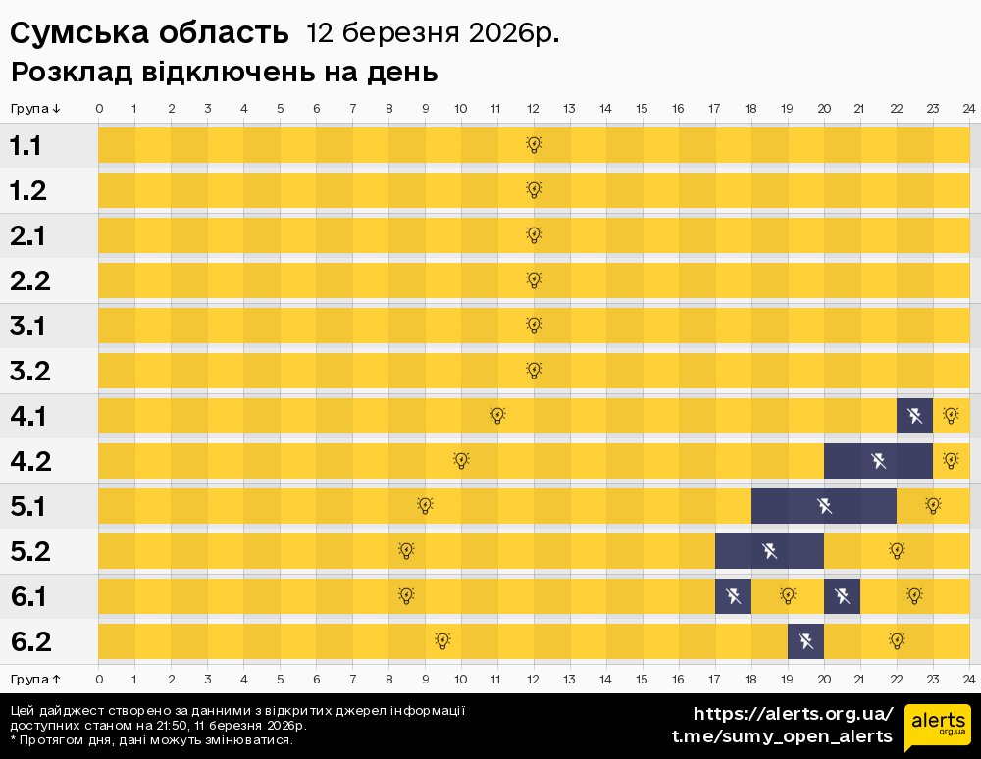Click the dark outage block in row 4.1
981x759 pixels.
pyautogui.click(x=914, y=416)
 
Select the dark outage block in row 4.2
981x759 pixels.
pyautogui.click(x=878, y=461)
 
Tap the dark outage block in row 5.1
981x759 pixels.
pyautogui.click(x=824, y=506)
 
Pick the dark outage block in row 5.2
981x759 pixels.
pyautogui.click(x=769, y=551)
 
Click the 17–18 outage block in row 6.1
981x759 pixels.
pyautogui.click(x=733, y=596)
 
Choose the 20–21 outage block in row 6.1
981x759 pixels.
pyautogui.click(x=842, y=596)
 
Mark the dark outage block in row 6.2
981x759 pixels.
pyautogui.click(x=805, y=641)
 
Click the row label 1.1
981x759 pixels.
pyautogui.click(x=26, y=146)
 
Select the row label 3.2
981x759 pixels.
pyautogui.click(x=29, y=372)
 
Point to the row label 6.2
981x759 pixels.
pyautogui.click(x=30, y=642)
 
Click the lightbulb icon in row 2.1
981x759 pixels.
pyautogui.click(x=534, y=235)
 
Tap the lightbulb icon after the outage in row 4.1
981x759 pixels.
pyautogui.click(x=951, y=416)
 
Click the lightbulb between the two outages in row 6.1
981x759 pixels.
pyautogui.click(x=788, y=596)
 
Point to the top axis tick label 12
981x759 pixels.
pyautogui.click(x=534, y=108)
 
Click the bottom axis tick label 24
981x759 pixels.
pyautogui.click(x=968, y=679)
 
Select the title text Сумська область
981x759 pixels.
pyautogui.click(x=150, y=33)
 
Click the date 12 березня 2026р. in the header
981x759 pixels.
pyautogui.click(x=433, y=33)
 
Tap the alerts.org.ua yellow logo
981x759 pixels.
pyautogui.click(x=938, y=727)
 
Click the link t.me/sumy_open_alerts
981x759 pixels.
pyautogui.click(x=782, y=736)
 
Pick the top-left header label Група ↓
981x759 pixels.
pyautogui.click(x=36, y=108)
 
